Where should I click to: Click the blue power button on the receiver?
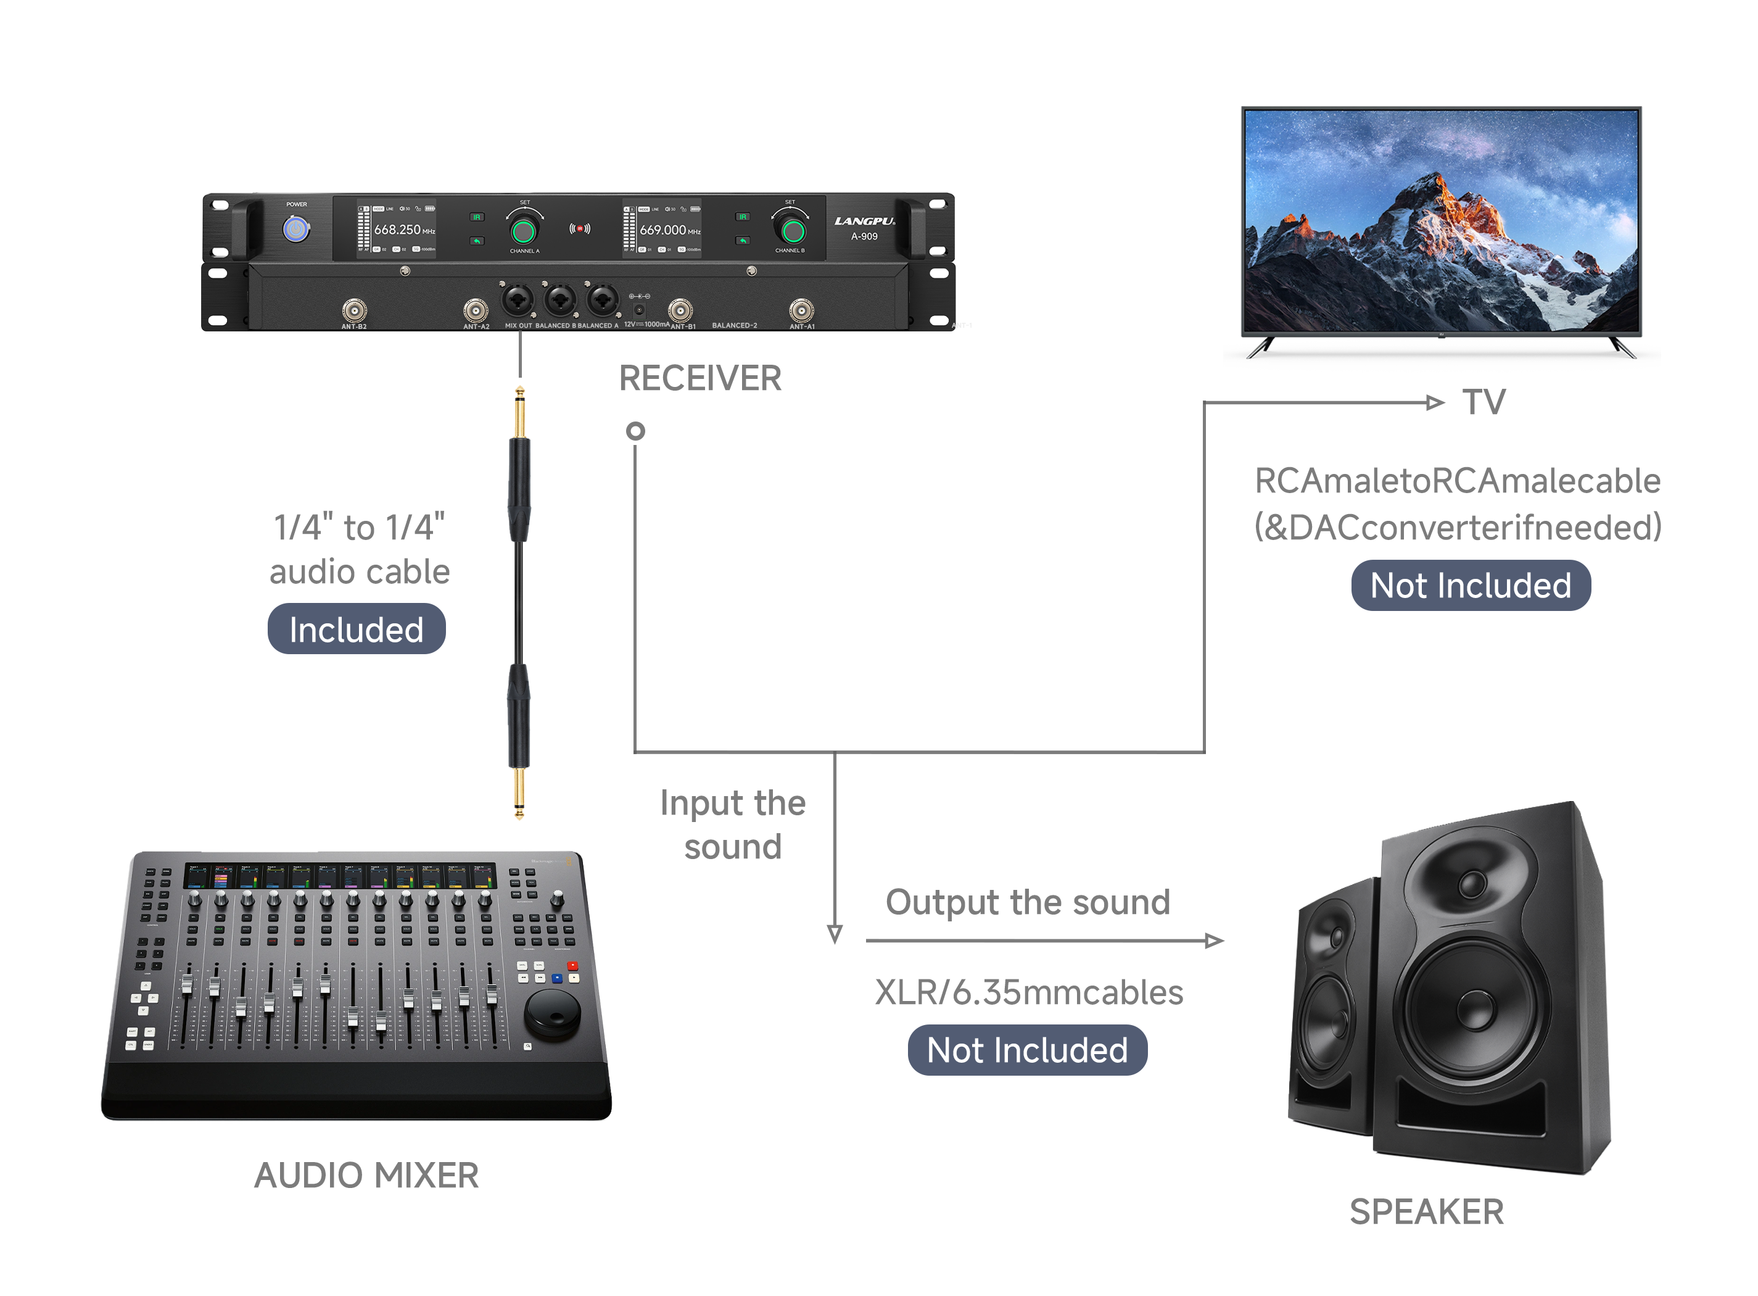point(295,229)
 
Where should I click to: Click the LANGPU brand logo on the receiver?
point(864,221)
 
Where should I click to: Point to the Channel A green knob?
point(523,231)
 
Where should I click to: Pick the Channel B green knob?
point(793,231)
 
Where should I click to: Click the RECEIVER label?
point(699,378)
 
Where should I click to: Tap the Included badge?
point(356,629)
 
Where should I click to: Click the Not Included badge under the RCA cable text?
point(1470,585)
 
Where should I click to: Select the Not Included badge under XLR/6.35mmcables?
point(1026,1050)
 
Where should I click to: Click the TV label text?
point(1484,402)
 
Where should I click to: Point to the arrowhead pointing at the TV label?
point(1434,402)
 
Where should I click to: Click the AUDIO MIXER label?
point(366,1175)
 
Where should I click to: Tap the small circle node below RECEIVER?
point(635,431)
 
